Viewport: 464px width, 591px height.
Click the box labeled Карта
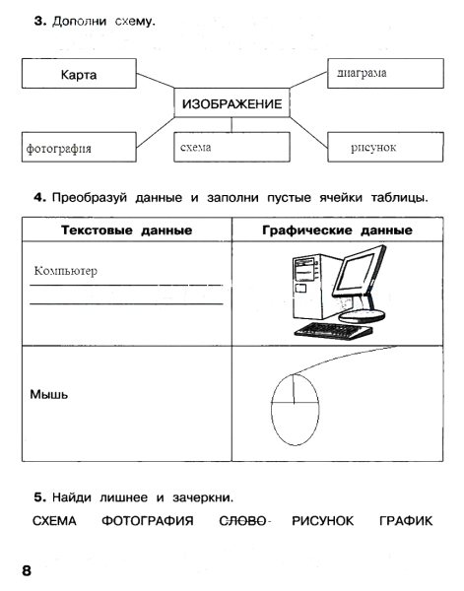[77, 74]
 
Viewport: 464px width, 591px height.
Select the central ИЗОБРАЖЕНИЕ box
[232, 103]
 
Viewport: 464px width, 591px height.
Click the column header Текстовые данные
[126, 230]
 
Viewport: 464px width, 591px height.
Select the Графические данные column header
[337, 230]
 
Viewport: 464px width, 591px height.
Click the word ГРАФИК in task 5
[406, 519]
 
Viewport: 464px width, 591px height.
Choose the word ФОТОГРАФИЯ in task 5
[147, 519]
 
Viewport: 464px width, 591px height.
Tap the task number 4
[38, 197]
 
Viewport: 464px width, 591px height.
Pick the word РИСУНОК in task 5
[323, 519]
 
